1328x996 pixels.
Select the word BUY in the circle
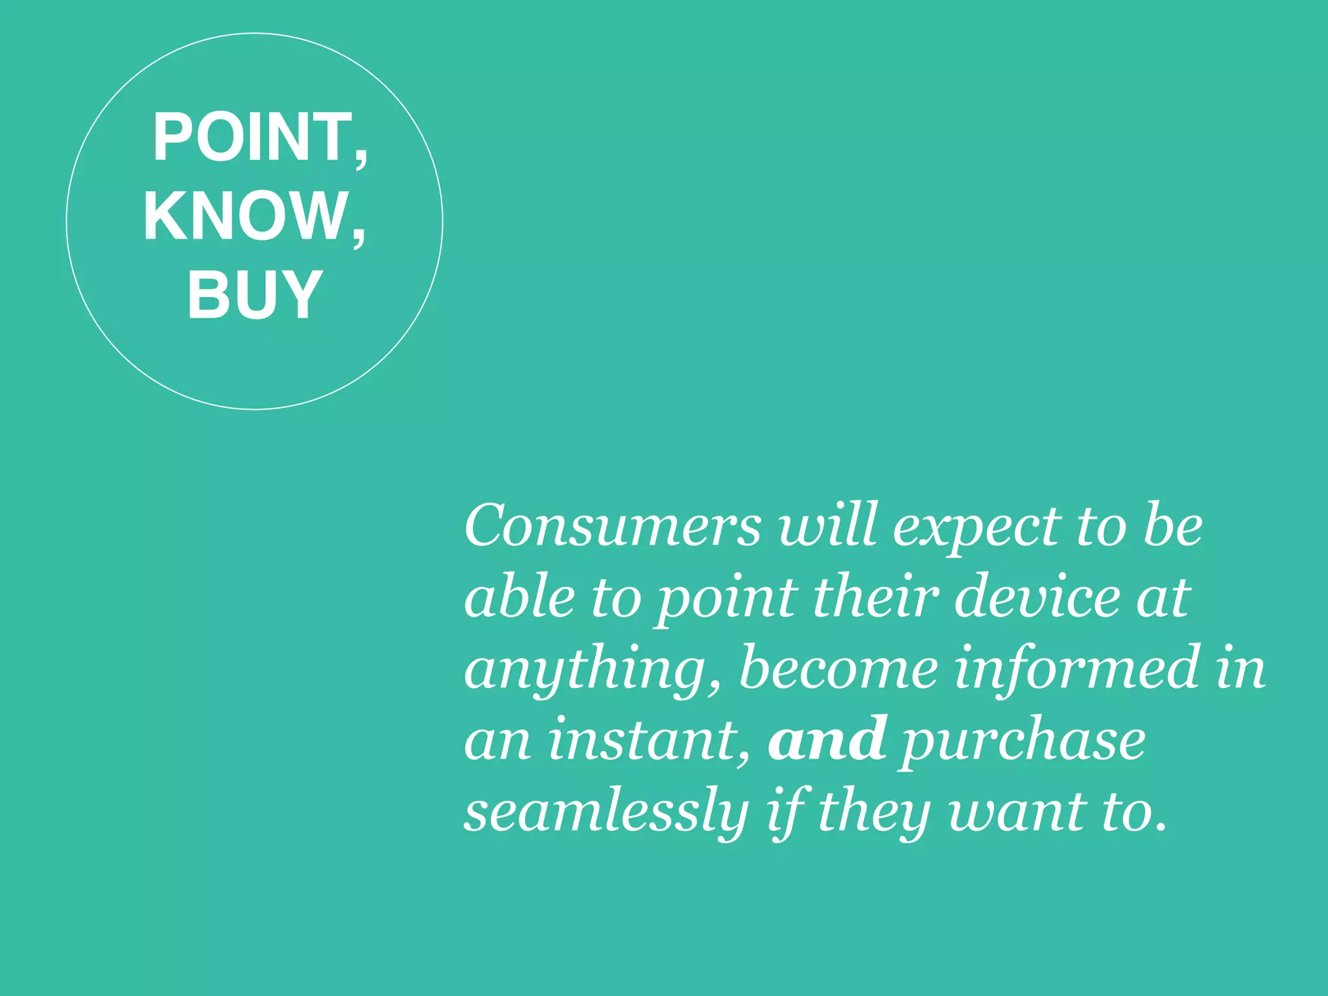[255, 294]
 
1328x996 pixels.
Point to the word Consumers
[613, 525]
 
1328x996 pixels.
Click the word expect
[977, 528]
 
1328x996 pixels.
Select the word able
[519, 597]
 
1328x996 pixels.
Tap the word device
[1037, 597]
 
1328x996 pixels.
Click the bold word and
[827, 739]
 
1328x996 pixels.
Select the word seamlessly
[606, 814]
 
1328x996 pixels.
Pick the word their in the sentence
[875, 597]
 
